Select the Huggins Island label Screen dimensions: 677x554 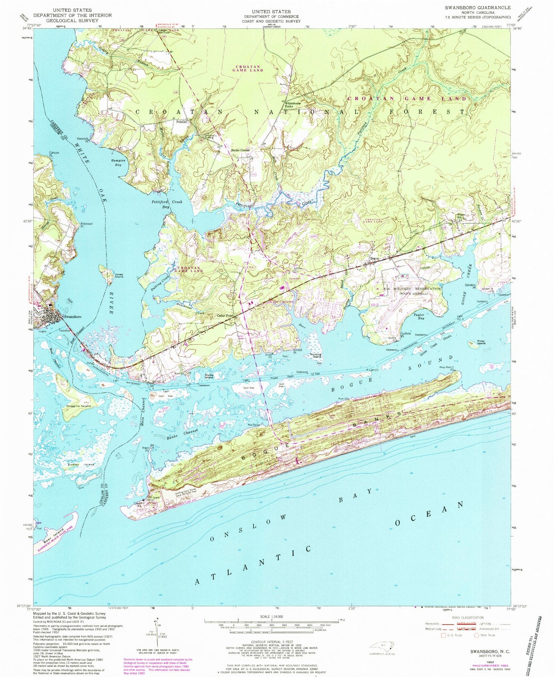click(x=78, y=406)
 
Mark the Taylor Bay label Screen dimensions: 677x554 click(x=419, y=317)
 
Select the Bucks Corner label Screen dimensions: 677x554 click(x=240, y=150)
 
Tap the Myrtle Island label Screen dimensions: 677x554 click(x=209, y=376)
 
